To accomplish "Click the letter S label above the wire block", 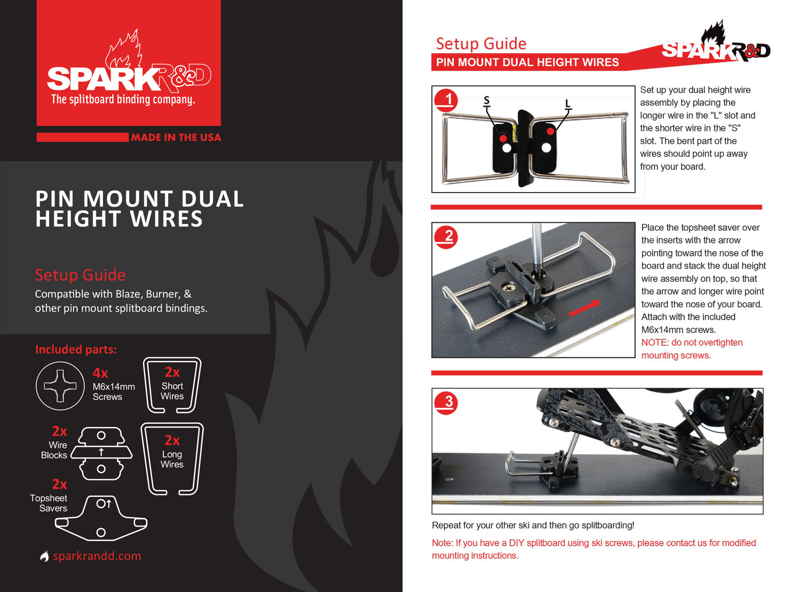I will click(487, 101).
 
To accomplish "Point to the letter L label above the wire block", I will click(568, 104).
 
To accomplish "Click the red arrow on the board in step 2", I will click(584, 308).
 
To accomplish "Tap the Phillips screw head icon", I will click(60, 386).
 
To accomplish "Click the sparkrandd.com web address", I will click(97, 556).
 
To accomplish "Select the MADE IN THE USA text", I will click(176, 137).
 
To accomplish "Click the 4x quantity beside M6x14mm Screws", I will click(101, 373).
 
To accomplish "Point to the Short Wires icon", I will click(172, 385).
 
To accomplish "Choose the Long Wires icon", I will click(172, 458).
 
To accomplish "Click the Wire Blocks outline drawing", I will click(101, 453).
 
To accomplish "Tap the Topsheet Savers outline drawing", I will click(101, 519).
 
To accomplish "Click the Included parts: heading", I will click(76, 349).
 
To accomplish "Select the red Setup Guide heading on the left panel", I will click(80, 275).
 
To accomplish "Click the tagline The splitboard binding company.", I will click(123, 99).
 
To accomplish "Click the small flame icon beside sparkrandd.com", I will click(45, 556).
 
